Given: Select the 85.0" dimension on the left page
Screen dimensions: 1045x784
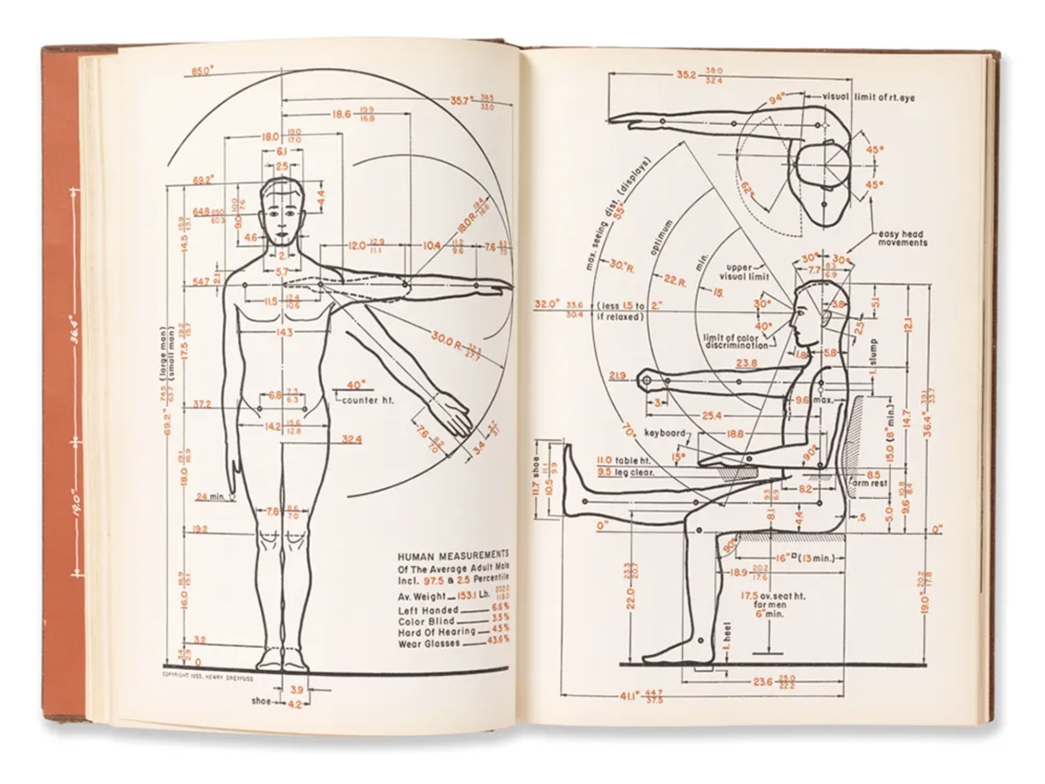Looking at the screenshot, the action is pos(202,71).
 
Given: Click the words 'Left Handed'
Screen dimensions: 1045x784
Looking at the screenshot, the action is pos(428,611).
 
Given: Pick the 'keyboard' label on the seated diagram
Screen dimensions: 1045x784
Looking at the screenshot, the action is pos(665,433).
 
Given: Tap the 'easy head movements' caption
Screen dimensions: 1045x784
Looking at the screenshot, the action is pos(903,238).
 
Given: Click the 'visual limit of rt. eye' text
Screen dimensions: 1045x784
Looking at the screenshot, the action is pos(868,97).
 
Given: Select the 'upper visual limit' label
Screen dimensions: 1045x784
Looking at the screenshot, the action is pos(743,271).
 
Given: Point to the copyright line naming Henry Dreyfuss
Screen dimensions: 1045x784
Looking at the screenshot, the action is pos(207,678).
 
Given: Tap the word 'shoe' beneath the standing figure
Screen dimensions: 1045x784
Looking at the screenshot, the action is pos(261,701).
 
